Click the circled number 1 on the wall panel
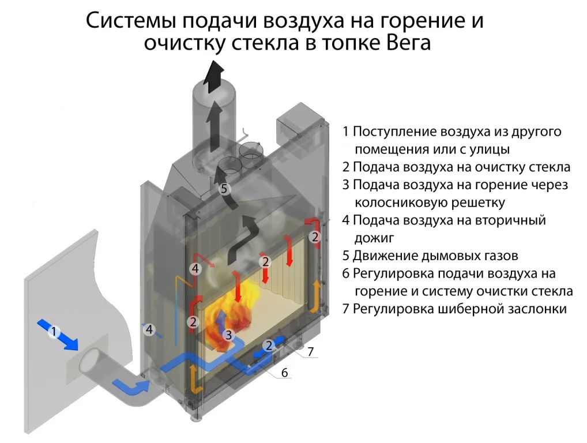(x=54, y=332)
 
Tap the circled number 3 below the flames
(x=229, y=334)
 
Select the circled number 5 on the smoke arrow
(x=224, y=188)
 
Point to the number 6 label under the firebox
(x=284, y=373)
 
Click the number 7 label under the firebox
(x=310, y=351)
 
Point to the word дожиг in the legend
(x=374, y=237)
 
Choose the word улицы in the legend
(x=489, y=149)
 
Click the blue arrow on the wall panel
(x=61, y=334)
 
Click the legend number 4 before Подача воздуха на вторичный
(x=345, y=220)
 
